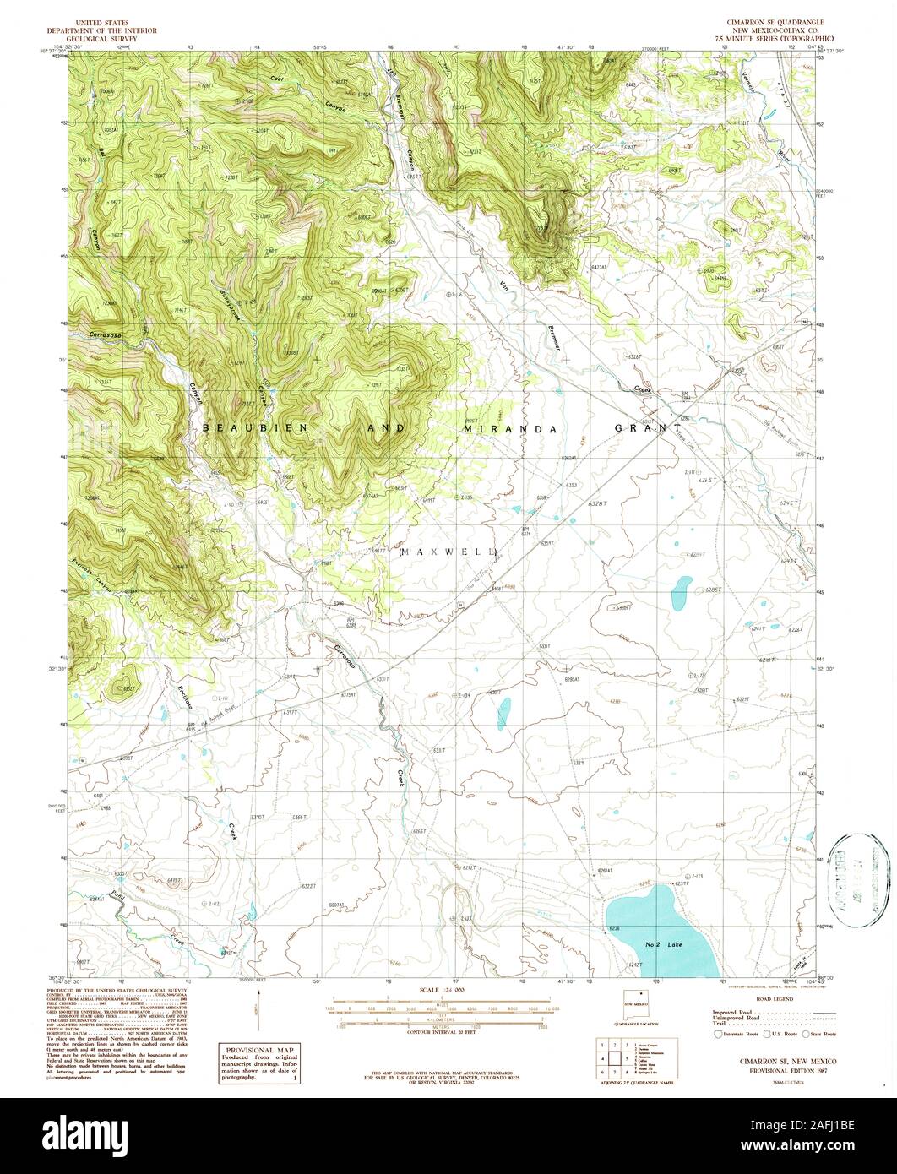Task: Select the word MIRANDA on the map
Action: coord(510,429)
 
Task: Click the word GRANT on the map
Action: coord(648,429)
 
